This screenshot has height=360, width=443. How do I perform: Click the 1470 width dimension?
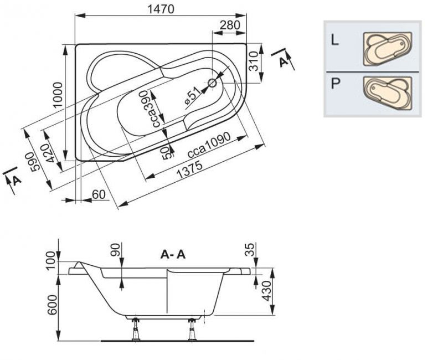click(161, 9)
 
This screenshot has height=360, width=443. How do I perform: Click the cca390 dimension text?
click(157, 109)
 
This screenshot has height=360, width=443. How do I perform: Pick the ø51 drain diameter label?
click(190, 97)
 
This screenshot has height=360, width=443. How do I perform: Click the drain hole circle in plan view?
click(212, 84)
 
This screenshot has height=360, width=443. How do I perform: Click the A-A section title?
click(173, 254)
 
